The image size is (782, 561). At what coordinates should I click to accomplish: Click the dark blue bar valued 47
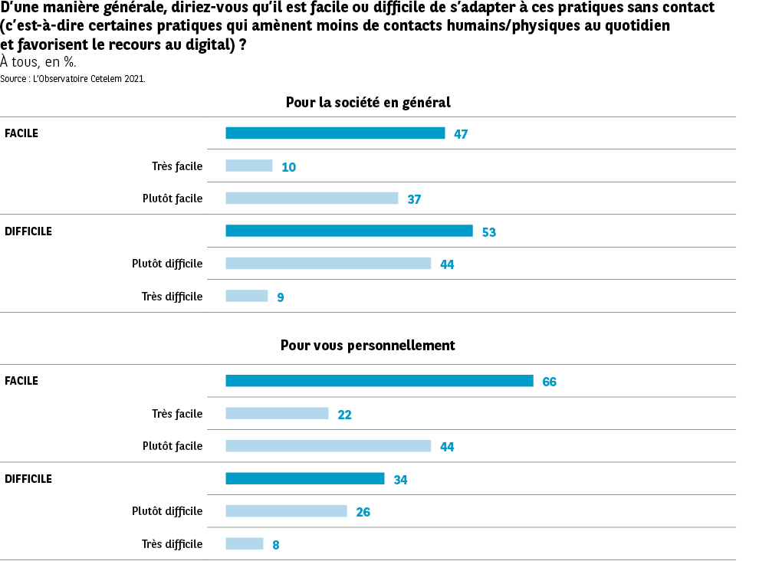pyautogui.click(x=335, y=133)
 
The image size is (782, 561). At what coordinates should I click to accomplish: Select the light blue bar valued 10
pyautogui.click(x=249, y=166)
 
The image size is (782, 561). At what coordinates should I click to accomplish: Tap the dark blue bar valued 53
pyautogui.click(x=349, y=231)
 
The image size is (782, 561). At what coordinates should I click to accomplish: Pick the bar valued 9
pyautogui.click(x=247, y=296)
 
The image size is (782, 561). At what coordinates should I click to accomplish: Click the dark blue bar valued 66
pyautogui.click(x=379, y=381)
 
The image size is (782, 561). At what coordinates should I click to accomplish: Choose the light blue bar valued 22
pyautogui.click(x=277, y=414)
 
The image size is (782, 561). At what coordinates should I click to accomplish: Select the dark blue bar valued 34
pyautogui.click(x=305, y=479)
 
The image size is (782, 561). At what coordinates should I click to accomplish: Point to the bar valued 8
pyautogui.click(x=245, y=544)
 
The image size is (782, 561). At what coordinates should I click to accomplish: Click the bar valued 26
pyautogui.click(x=286, y=511)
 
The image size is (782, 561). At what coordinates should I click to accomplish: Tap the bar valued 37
pyautogui.click(x=312, y=198)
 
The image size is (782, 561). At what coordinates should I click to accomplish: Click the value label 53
pyautogui.click(x=489, y=232)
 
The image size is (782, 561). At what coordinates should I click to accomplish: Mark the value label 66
pyautogui.click(x=549, y=382)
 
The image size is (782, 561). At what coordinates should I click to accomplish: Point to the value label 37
pyautogui.click(x=414, y=199)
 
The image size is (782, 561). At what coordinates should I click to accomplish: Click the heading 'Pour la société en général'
pyautogui.click(x=368, y=102)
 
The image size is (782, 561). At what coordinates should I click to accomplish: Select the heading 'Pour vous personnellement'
pyautogui.click(x=368, y=346)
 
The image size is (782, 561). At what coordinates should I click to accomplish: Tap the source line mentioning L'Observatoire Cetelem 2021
pyautogui.click(x=73, y=78)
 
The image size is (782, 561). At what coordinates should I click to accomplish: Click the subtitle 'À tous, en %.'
pyautogui.click(x=38, y=63)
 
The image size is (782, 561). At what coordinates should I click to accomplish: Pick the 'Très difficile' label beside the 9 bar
pyautogui.click(x=172, y=297)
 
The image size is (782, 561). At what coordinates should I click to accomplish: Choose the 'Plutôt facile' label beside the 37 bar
pyautogui.click(x=172, y=198)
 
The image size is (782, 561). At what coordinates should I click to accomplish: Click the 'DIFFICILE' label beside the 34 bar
pyautogui.click(x=28, y=479)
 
